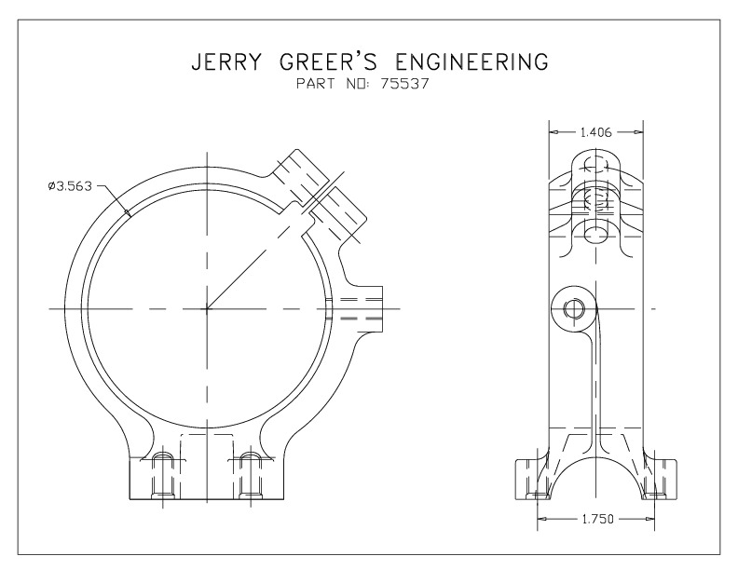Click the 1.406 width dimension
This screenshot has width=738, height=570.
596,132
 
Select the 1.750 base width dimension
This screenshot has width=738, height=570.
595,519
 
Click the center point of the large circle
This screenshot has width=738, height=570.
206,308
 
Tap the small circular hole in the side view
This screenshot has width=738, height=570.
574,308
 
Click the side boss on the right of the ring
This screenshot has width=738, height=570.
363,307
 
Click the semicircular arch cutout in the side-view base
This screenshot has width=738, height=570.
595,480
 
